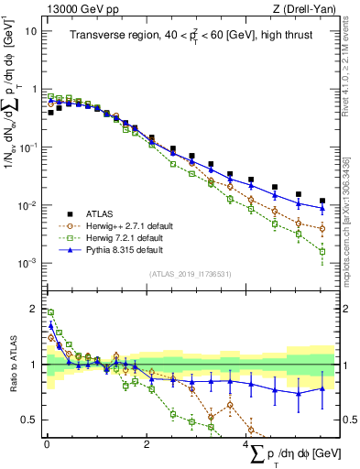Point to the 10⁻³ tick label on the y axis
pyautogui.click(x=28, y=263)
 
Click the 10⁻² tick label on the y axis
pyautogui.click(x=28, y=205)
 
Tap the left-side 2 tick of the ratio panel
pyautogui.click(x=34, y=310)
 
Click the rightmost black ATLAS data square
pyautogui.click(x=322, y=201)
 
